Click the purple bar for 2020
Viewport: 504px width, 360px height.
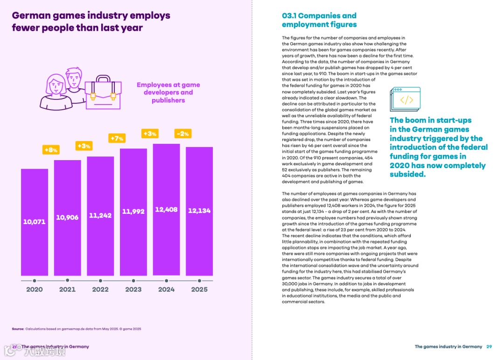point(35,222)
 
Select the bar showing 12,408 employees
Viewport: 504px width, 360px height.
point(166,210)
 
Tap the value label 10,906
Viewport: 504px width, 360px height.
point(67,218)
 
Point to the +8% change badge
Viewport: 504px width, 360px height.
point(50,150)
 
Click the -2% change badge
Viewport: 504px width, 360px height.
point(182,134)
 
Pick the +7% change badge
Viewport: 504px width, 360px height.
point(116,138)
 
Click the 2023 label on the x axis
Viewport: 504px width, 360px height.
point(133,289)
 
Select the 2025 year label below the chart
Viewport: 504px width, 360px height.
point(199,289)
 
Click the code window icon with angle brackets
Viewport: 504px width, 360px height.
point(405,99)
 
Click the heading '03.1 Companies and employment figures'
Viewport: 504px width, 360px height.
point(319,20)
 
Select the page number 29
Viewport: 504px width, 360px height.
point(489,346)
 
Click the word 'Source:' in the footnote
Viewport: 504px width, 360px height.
point(18,329)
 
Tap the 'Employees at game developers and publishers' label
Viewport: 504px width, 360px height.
point(168,92)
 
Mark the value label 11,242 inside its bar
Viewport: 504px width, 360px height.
point(100,216)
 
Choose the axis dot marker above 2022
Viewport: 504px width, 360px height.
point(100,281)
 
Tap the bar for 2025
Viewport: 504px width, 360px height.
point(199,211)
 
